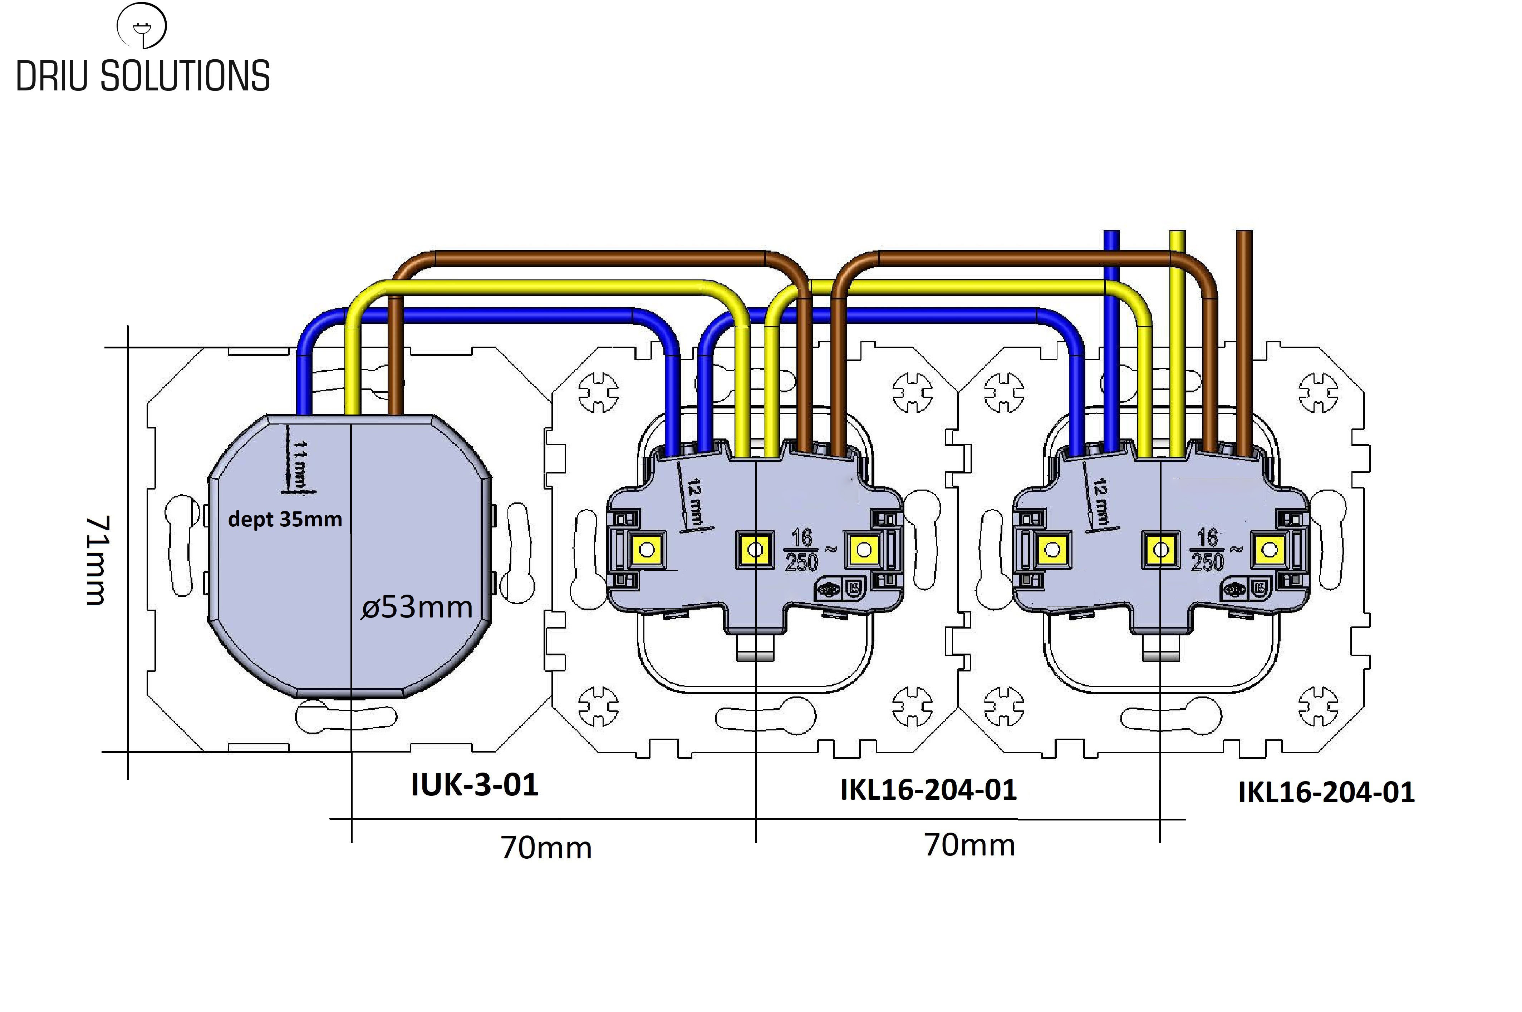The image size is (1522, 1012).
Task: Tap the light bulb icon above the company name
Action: pos(141,26)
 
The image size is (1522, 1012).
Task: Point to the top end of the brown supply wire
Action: pos(1244,234)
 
